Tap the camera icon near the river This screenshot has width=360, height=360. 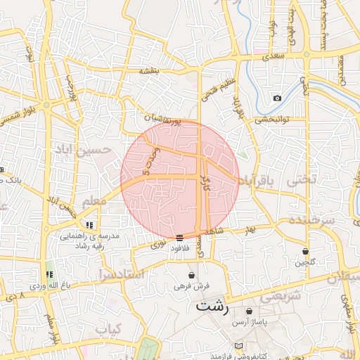click(x=277, y=98)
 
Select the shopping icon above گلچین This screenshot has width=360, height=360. click(x=305, y=251)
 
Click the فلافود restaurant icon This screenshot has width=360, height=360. click(x=180, y=237)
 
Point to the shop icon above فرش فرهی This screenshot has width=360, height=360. click(x=191, y=275)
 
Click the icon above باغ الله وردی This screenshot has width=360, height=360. click(x=49, y=274)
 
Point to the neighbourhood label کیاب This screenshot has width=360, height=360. click(x=108, y=328)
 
